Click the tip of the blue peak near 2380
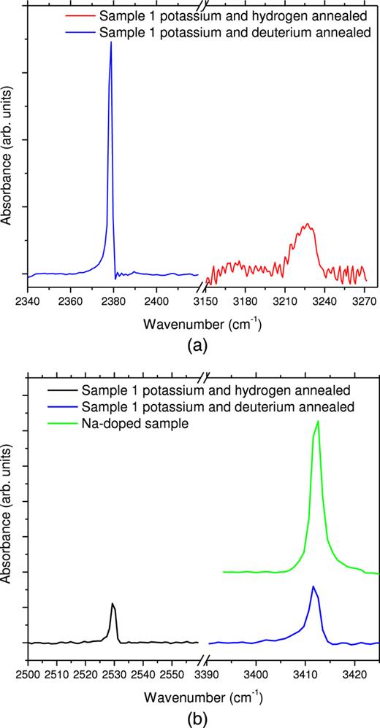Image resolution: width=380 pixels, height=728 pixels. click(111, 42)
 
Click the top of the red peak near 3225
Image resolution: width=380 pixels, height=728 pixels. click(308, 224)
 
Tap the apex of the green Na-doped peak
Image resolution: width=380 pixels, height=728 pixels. click(317, 422)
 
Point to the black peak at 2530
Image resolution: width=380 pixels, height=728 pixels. click(113, 604)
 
